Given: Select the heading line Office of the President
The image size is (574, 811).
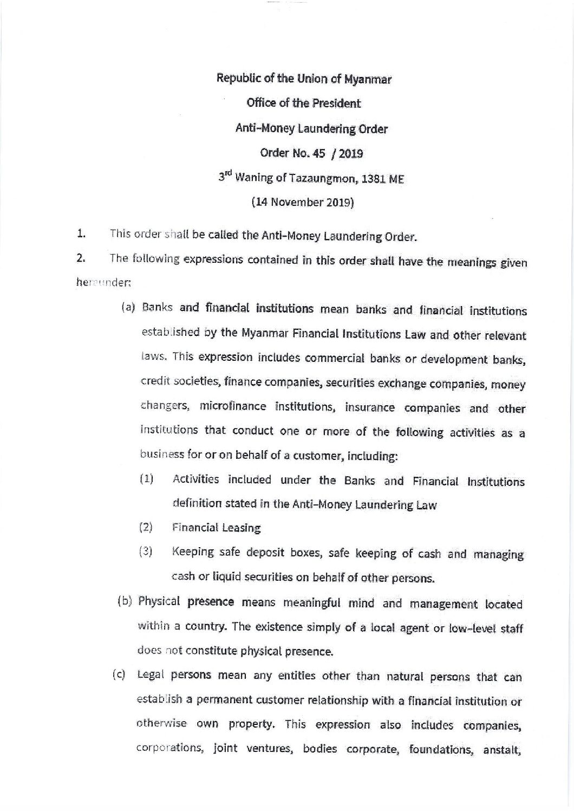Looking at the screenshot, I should tap(304, 103).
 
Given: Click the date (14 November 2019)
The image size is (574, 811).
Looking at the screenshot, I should tap(303, 203).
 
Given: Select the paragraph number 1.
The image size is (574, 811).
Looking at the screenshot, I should tap(81, 235).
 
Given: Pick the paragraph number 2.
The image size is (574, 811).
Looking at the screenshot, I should tap(81, 258).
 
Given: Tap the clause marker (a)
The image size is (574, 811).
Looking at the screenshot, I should tap(128, 308).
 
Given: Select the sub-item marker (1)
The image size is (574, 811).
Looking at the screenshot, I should tap(146, 479).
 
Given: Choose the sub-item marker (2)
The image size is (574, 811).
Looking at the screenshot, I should tap(146, 527).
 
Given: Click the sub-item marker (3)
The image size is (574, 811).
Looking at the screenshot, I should tap(146, 552).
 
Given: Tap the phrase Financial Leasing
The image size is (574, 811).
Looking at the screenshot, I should tap(217, 528).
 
